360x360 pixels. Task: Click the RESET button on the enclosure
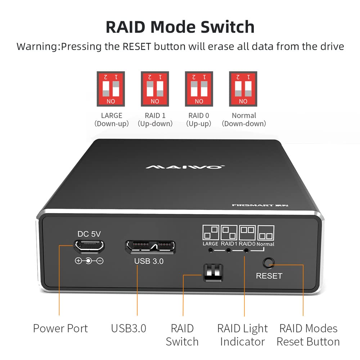pos(267,263)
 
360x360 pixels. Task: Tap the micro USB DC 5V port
pos(90,246)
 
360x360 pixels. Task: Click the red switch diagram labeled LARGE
pos(111,89)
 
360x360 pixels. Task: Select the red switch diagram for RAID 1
pos(155,89)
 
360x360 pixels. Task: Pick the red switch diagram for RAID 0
pos(199,89)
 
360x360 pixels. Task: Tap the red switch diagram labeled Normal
pos(243,89)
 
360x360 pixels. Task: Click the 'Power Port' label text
pos(60,328)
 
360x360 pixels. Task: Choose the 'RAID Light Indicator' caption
pos(243,335)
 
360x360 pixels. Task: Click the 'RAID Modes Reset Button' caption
pos(308,335)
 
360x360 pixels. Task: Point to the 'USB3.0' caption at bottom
pos(129,328)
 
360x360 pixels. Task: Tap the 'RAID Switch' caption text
pos(182,335)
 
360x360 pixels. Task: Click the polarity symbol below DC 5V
pos(89,261)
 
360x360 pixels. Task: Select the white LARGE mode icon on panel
pos(210,233)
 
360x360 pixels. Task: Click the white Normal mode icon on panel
pos(266,233)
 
